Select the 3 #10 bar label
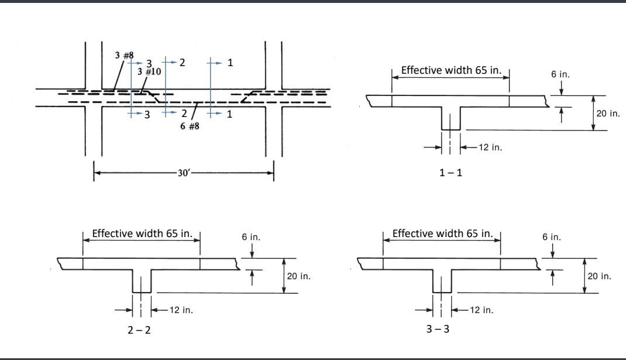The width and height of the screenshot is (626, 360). pos(149,72)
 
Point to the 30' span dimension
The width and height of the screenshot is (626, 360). pos(184,173)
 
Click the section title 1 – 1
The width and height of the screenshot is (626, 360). pos(450,173)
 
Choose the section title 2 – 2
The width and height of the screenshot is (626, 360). pos(139,330)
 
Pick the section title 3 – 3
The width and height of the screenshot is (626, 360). pos(438,329)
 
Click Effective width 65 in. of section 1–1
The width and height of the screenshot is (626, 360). pos(451,71)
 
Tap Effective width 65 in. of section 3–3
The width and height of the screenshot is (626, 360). pos(442,234)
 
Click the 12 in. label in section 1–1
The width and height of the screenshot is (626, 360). pos(490,148)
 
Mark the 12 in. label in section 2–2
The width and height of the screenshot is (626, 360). pos(181,310)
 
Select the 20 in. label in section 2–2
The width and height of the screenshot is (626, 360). pos(298,276)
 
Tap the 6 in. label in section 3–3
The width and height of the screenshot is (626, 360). pos(551,237)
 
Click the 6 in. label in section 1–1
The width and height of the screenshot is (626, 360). pos(560,75)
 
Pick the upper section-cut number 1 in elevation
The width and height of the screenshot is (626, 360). pos(230,63)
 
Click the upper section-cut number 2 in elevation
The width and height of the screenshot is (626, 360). pos(182,63)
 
